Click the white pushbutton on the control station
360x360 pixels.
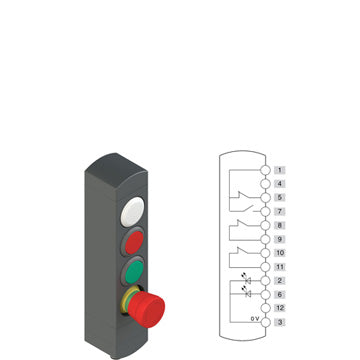click(x=133, y=211)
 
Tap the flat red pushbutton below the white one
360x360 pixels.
click(x=134, y=241)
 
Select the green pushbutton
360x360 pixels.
click(x=134, y=271)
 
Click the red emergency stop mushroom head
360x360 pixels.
click(x=147, y=309)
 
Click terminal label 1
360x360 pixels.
click(x=280, y=170)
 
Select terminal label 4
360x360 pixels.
click(x=280, y=184)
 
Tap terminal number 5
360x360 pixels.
click(x=280, y=198)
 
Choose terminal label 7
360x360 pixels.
click(x=280, y=211)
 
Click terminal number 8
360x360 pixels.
click(x=280, y=225)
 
